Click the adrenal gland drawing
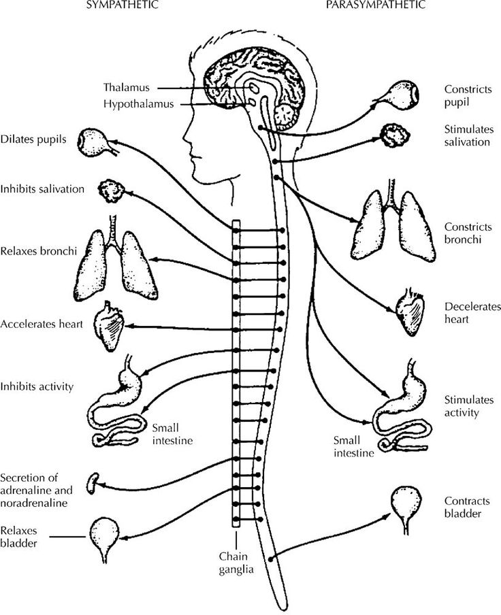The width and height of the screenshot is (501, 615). pyautogui.click(x=93, y=483)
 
